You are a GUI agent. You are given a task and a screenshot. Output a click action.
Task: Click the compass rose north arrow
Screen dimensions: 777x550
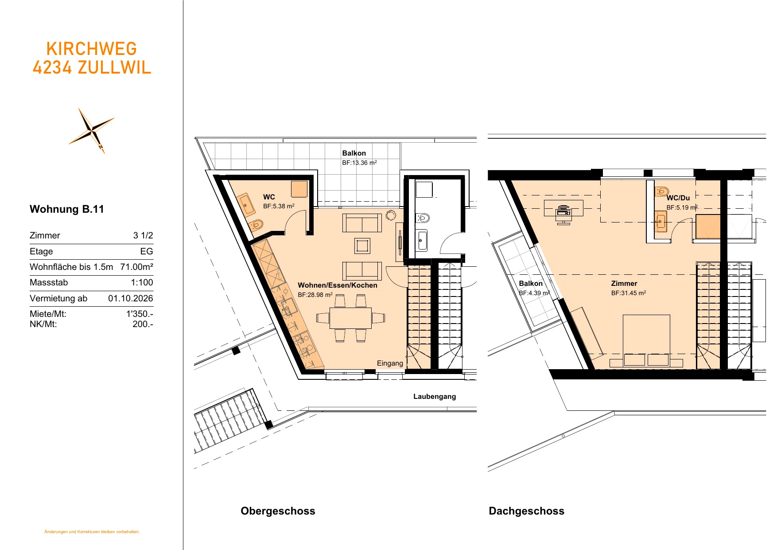coord(92,131)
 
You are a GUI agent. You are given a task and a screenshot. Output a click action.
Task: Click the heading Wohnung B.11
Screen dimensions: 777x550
coord(67,209)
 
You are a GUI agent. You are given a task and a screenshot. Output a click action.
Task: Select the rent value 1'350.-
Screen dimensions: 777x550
coord(140,314)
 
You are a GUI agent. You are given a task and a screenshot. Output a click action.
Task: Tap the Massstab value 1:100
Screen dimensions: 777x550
coord(142,282)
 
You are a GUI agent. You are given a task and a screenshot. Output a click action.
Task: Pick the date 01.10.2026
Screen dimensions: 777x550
coord(131,298)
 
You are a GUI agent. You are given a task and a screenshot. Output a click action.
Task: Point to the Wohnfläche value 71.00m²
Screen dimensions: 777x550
coord(137,267)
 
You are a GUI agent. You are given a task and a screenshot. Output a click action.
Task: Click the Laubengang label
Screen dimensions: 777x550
coord(435,397)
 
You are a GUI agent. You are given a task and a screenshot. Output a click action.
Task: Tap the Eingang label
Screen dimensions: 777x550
coord(390,363)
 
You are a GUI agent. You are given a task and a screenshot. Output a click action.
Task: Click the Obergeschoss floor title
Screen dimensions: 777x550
coord(278,511)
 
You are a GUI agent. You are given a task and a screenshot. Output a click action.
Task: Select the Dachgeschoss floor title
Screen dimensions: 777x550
coord(526,511)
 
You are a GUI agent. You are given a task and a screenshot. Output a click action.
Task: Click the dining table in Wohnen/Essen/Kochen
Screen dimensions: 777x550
coord(350,318)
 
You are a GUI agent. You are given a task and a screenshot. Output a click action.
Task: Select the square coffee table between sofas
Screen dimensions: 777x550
coord(362,246)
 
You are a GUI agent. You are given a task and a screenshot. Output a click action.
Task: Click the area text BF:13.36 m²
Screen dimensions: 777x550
coord(359,163)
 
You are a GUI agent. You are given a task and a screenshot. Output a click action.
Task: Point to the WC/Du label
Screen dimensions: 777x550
coord(678,198)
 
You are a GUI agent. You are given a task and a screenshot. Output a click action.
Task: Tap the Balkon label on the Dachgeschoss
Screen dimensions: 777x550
coord(531,284)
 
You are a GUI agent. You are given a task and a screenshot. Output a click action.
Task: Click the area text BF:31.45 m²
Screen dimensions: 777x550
coord(629,293)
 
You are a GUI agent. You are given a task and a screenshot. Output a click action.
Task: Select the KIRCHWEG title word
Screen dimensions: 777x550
coord(92,49)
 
